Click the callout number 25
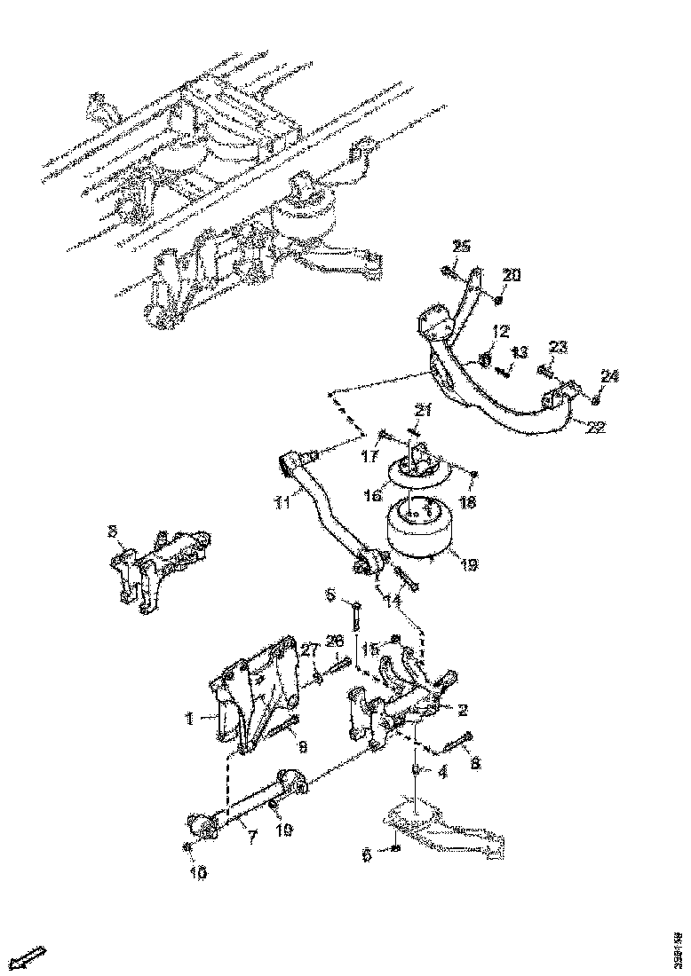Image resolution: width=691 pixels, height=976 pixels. coord(460,246)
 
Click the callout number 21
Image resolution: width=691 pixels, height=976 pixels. coord(423,410)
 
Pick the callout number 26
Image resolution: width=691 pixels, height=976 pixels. coord(335,641)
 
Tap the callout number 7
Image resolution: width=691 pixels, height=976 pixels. coord(251,838)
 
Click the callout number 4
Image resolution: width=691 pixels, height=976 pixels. coord(442,772)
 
